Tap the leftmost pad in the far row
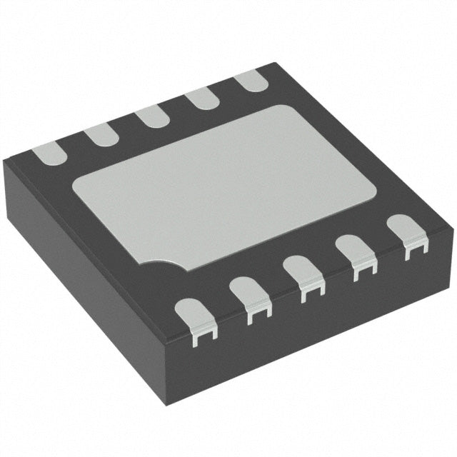(x=46, y=151)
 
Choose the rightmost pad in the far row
(x=250, y=80)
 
